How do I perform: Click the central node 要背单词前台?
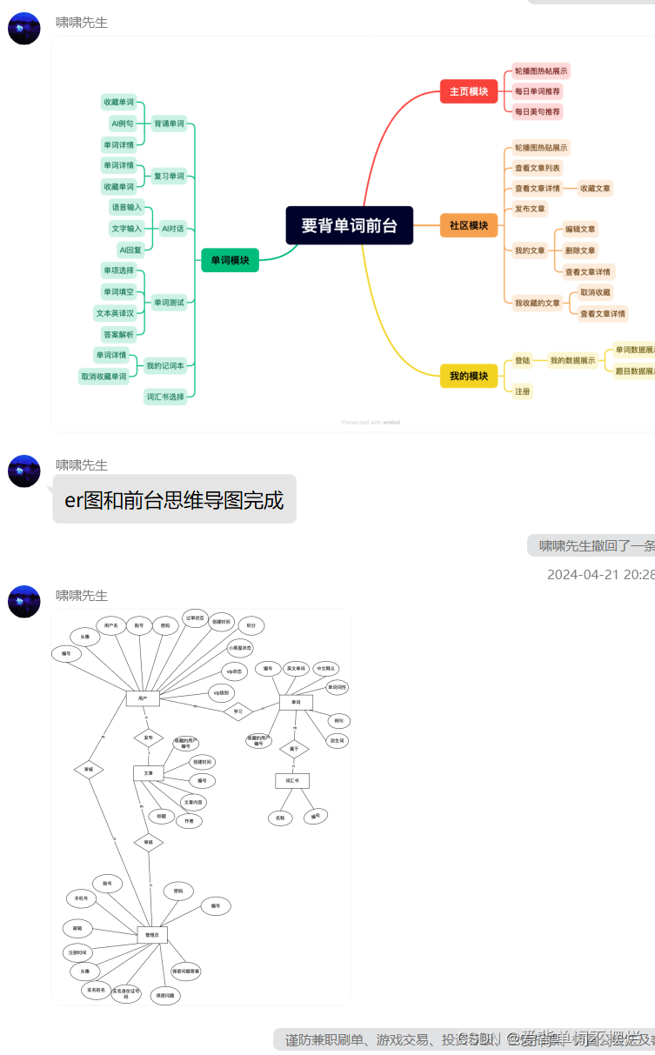350,225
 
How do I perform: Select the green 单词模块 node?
230,259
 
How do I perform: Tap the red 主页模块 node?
468,90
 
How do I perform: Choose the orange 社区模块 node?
468,225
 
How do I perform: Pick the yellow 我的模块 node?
468,376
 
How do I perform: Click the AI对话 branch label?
172,229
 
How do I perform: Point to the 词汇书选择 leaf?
165,397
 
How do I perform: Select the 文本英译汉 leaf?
115,313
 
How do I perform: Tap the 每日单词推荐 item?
538,90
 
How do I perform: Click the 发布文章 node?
530,209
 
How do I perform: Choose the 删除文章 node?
580,250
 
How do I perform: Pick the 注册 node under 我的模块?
522,391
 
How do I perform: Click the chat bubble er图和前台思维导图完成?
174,499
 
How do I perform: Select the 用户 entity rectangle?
143,698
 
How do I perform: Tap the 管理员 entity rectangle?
152,935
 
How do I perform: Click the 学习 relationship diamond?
237,711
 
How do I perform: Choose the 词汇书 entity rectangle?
292,780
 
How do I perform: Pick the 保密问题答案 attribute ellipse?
185,971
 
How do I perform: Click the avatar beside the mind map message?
24,28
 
